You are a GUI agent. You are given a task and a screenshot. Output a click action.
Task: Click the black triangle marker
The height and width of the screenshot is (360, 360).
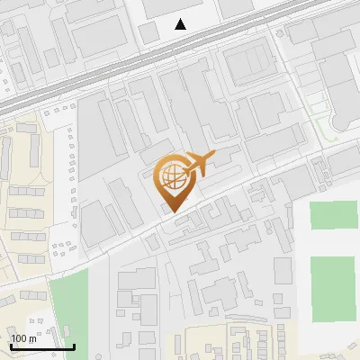[181, 24]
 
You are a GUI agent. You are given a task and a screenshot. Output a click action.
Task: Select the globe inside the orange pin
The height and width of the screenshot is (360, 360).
[173, 176]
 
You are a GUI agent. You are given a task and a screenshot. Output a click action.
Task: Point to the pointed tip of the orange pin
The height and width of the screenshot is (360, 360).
[173, 212]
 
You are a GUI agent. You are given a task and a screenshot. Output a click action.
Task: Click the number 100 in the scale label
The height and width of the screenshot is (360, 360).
[18, 338]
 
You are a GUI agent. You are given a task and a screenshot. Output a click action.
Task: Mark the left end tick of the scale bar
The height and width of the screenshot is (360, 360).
[11, 346]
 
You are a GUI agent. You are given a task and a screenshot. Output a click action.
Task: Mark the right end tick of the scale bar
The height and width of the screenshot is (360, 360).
[74, 346]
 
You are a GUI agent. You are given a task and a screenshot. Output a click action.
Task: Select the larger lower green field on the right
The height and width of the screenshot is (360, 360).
[334, 287]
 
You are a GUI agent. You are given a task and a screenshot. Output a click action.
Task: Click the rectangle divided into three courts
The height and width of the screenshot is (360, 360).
[247, 63]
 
